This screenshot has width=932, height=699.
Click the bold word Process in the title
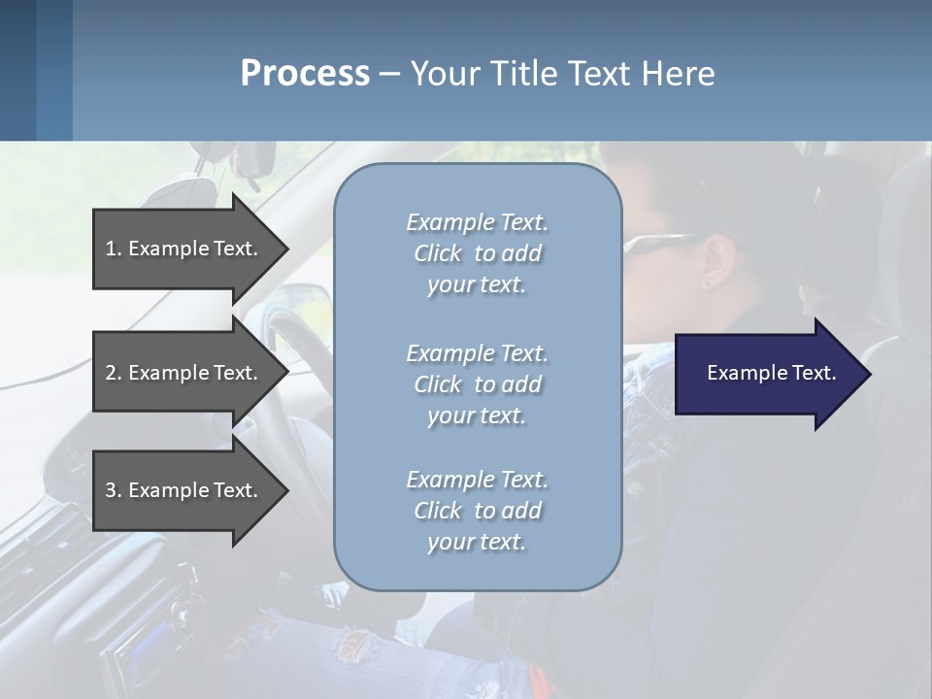click(305, 74)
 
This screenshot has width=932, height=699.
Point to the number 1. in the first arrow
click(114, 249)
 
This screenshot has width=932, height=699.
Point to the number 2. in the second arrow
click(114, 373)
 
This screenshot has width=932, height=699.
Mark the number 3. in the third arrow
click(114, 490)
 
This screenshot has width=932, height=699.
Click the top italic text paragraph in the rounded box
click(477, 253)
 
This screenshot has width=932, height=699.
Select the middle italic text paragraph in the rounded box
click(477, 384)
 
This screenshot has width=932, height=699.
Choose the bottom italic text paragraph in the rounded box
click(477, 511)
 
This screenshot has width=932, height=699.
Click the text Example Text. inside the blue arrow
click(772, 373)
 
